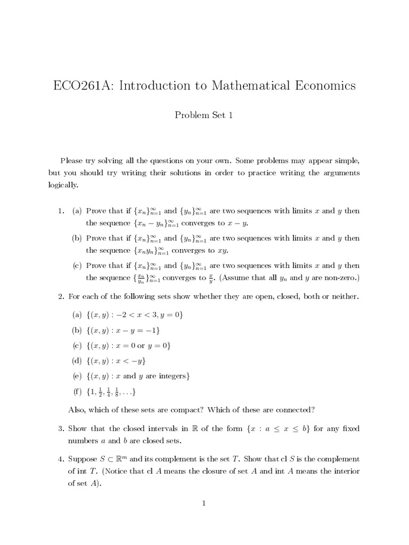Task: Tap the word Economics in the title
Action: coord(321,86)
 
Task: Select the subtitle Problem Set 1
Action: coord(204,115)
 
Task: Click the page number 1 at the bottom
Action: coord(204,503)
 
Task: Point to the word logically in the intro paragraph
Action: coord(63,185)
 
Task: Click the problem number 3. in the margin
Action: coord(61,428)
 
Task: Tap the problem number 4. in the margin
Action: coord(61,459)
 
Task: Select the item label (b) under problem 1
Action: coord(77,238)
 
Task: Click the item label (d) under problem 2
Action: coord(77,361)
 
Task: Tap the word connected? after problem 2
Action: coord(293,409)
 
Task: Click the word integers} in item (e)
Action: coord(174,376)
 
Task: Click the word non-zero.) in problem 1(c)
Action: coord(339,277)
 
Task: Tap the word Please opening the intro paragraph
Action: coord(72,161)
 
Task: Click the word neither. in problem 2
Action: coord(346,296)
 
